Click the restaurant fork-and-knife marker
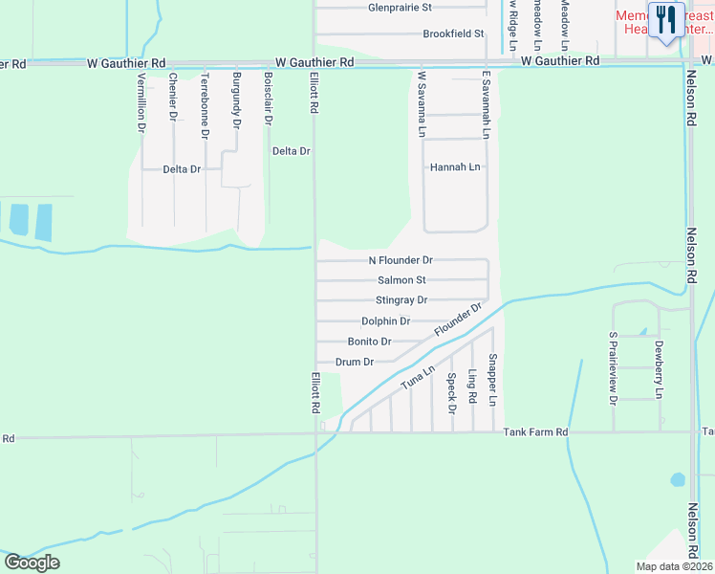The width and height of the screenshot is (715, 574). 666,19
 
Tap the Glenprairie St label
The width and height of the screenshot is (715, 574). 401,8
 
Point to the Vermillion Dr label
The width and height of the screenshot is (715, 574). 141,101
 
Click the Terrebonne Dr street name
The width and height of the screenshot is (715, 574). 204,104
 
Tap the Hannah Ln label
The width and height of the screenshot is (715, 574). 455,166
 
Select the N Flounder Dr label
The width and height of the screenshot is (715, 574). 401,260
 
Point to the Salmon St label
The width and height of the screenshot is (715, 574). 401,280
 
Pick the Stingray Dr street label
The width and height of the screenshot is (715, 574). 401,300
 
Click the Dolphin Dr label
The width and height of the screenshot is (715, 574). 386,321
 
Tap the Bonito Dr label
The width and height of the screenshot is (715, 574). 370,342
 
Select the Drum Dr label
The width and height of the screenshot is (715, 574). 355,362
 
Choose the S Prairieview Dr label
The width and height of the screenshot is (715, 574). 614,366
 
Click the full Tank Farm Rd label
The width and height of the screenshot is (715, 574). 535,432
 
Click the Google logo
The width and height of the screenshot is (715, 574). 32,563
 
